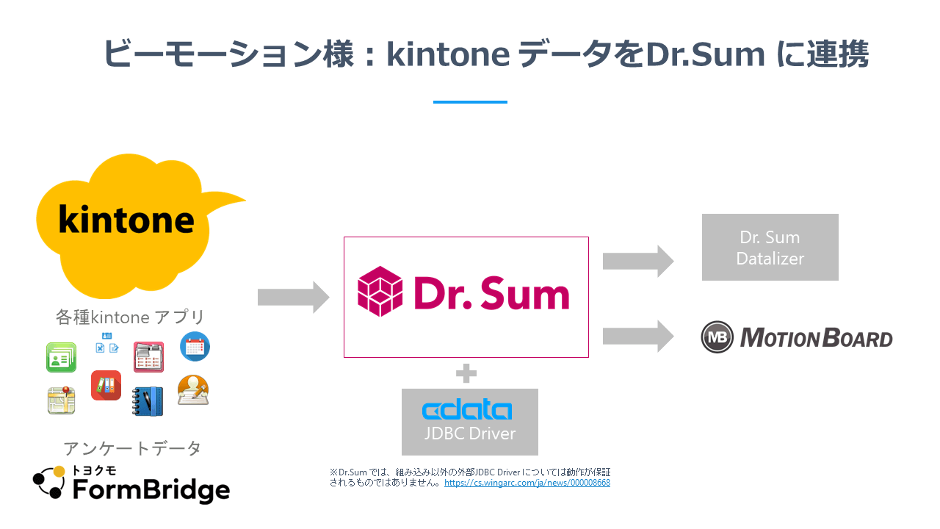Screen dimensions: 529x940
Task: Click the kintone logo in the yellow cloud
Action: pos(126,220)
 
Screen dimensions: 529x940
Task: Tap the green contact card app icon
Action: pos(61,357)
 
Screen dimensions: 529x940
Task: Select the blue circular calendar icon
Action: pos(195,347)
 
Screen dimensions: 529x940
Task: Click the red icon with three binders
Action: pos(106,385)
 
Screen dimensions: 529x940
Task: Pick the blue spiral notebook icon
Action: pos(148,401)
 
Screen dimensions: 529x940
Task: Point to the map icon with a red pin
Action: pos(62,400)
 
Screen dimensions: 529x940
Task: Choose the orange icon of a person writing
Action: pos(193,391)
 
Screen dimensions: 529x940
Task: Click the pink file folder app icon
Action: pos(148,357)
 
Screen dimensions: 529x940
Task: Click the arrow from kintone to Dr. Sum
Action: pos(293,298)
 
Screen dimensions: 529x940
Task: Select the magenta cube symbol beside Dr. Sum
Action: pos(380,292)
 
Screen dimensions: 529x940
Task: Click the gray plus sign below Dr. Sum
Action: pos(466,373)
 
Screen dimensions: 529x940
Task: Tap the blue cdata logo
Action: pos(467,409)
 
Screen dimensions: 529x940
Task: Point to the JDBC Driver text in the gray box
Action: pos(470,433)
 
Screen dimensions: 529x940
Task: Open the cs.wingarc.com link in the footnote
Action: pos(527,483)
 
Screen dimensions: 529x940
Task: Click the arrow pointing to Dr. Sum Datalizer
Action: pos(637,261)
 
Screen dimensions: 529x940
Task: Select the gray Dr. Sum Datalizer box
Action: pos(770,247)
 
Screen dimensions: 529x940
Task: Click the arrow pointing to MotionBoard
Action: pos(637,337)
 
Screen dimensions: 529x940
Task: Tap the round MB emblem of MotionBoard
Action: pos(717,337)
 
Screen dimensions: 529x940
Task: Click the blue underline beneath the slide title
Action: pos(470,102)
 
